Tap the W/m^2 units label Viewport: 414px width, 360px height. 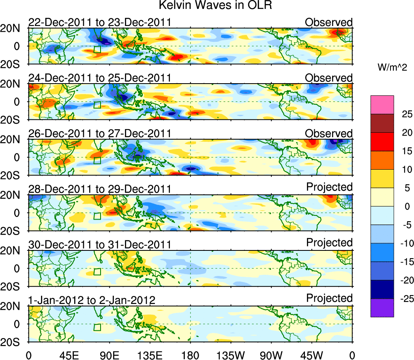coord(393,68)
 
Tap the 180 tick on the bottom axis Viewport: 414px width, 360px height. coord(190,355)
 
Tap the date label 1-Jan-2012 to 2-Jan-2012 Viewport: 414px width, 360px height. coord(92,301)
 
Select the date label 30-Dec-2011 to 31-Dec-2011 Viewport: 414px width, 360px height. coord(99,245)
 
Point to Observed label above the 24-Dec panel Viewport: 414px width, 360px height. coord(329,78)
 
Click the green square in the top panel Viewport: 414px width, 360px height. coord(97,50)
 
